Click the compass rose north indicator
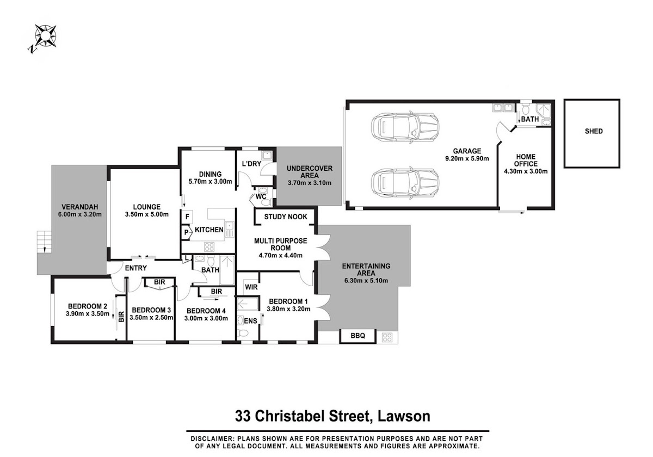pyautogui.click(x=32, y=50)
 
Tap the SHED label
pyautogui.click(x=594, y=131)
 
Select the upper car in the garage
pyautogui.click(x=405, y=127)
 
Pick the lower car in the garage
pyautogui.click(x=405, y=183)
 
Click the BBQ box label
pyautogui.click(x=358, y=336)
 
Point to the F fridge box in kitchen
pyautogui.click(x=187, y=217)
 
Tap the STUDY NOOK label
pyautogui.click(x=285, y=217)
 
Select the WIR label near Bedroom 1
pyautogui.click(x=251, y=287)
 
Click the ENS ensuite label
pyautogui.click(x=250, y=321)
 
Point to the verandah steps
pyautogui.click(x=44, y=242)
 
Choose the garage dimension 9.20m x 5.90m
pyautogui.click(x=467, y=158)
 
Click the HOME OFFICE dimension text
pyautogui.click(x=526, y=171)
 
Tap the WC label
pyautogui.click(x=261, y=197)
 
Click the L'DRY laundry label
pyautogui.click(x=251, y=164)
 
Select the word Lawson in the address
pyautogui.click(x=404, y=416)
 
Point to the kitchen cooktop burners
pyautogui.click(x=209, y=247)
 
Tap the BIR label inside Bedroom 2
pyautogui.click(x=121, y=317)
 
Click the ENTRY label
pyautogui.click(x=136, y=268)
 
